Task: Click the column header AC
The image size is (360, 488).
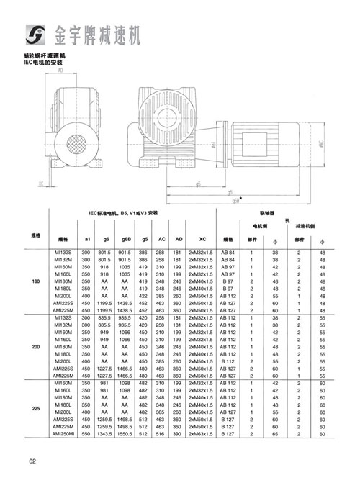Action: [x=162, y=238]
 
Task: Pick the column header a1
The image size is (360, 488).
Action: [x=86, y=238]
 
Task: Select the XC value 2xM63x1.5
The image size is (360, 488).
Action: [x=202, y=433]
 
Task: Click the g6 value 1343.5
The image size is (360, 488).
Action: [x=106, y=433]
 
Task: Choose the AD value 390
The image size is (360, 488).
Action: [x=178, y=433]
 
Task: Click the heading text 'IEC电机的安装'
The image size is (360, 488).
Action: [x=46, y=62]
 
